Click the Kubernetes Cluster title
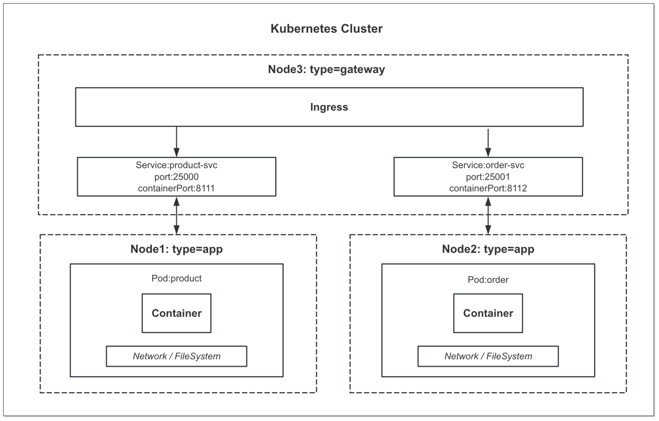click(x=326, y=29)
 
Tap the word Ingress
click(x=329, y=107)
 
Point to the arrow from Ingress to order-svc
click(x=488, y=142)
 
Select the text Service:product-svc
click(x=177, y=165)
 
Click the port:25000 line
click(x=177, y=177)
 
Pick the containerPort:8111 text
click(x=177, y=188)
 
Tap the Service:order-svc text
click(x=488, y=165)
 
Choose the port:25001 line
click(x=488, y=177)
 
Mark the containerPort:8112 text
click(x=488, y=188)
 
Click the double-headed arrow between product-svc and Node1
click(x=177, y=216)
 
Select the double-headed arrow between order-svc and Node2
click(x=488, y=216)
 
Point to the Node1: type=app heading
click(x=177, y=249)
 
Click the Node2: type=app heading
click(x=488, y=249)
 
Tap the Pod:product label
click(x=177, y=278)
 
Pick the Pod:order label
click(x=488, y=280)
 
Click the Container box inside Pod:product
click(x=177, y=313)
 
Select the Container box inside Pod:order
click(x=488, y=313)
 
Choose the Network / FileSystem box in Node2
click(x=488, y=356)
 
